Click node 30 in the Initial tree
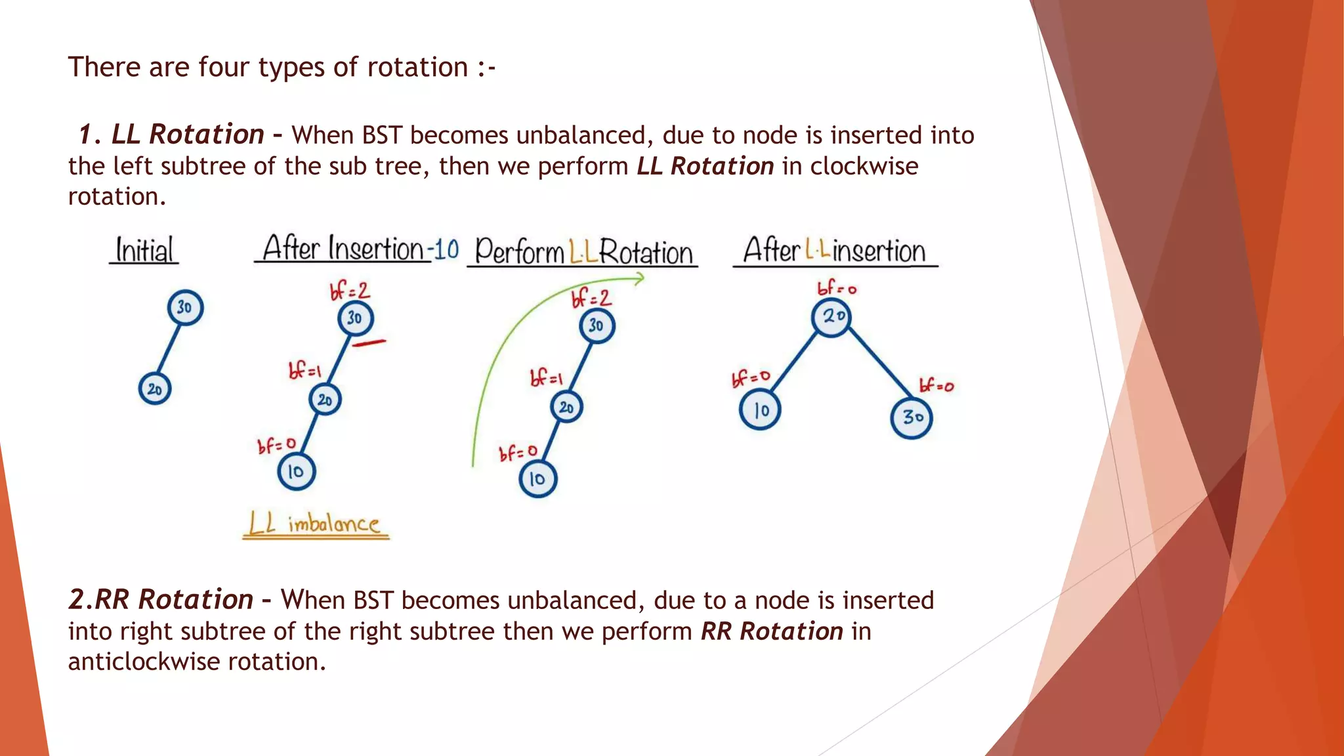[x=185, y=307]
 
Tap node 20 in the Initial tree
[x=155, y=389]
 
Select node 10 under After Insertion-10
[x=296, y=471]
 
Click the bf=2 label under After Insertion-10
[x=350, y=289]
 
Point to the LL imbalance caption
[x=315, y=524]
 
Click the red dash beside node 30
[x=369, y=342]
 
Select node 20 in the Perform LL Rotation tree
[x=566, y=408]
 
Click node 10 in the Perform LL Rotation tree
[x=537, y=479]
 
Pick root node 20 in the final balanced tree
[x=832, y=317]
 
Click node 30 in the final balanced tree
[x=912, y=417]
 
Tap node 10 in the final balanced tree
[x=760, y=410]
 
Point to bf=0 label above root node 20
[x=837, y=288]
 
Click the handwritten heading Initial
[x=144, y=250]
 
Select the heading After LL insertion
[x=834, y=251]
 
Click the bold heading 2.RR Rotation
[x=161, y=600]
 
